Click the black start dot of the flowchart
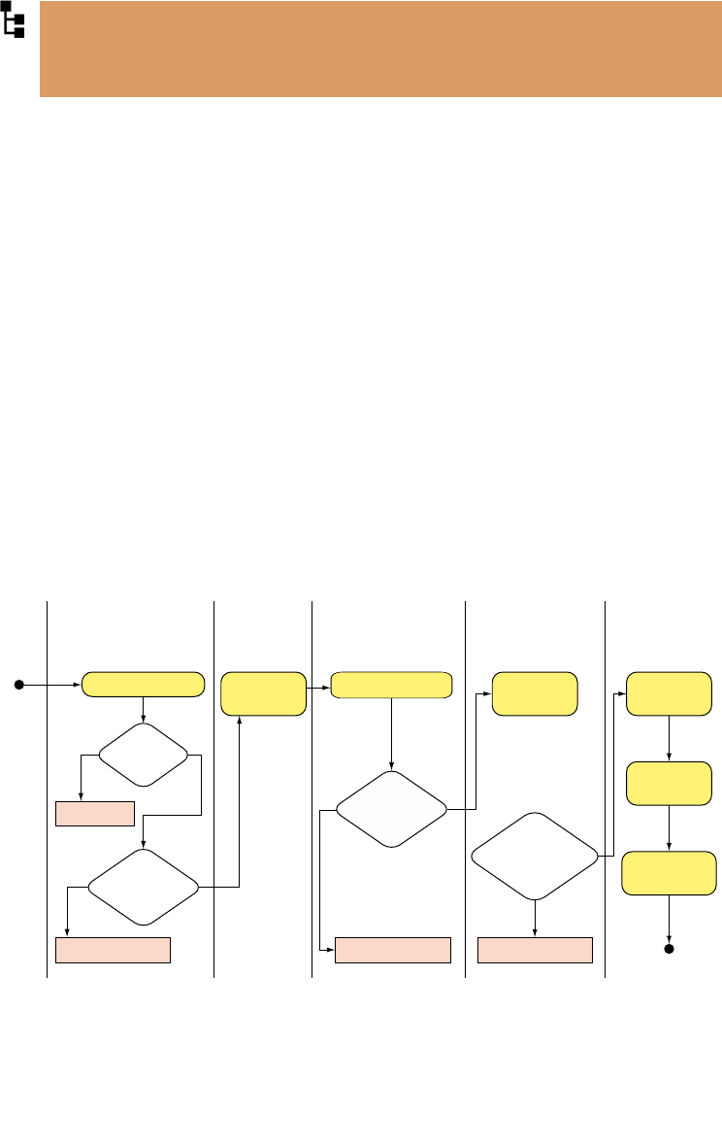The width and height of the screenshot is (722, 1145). (x=18, y=685)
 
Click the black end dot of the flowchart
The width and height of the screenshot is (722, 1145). (x=669, y=948)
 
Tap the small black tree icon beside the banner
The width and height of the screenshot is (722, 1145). (x=14, y=19)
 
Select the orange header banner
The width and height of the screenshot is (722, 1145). (x=380, y=49)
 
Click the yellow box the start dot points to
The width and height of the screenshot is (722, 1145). (x=144, y=685)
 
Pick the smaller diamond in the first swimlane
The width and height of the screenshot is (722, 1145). (x=144, y=754)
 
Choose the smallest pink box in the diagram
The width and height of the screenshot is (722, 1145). (x=94, y=813)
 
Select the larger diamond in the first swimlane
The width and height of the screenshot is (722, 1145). (x=144, y=887)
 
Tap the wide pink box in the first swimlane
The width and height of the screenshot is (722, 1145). (x=114, y=950)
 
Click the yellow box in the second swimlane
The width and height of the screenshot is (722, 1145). (x=264, y=693)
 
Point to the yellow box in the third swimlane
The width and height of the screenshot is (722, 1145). (x=391, y=685)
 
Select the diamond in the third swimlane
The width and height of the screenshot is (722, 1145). (x=391, y=809)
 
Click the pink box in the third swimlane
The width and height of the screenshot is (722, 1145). (x=393, y=950)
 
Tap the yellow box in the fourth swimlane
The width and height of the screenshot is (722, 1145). (x=535, y=693)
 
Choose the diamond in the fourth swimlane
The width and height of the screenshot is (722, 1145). (x=535, y=856)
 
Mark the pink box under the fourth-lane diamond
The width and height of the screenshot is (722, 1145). (x=535, y=950)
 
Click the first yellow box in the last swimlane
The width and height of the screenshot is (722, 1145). (x=669, y=693)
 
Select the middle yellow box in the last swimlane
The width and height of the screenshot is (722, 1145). (x=669, y=784)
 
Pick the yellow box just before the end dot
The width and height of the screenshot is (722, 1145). (x=669, y=873)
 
